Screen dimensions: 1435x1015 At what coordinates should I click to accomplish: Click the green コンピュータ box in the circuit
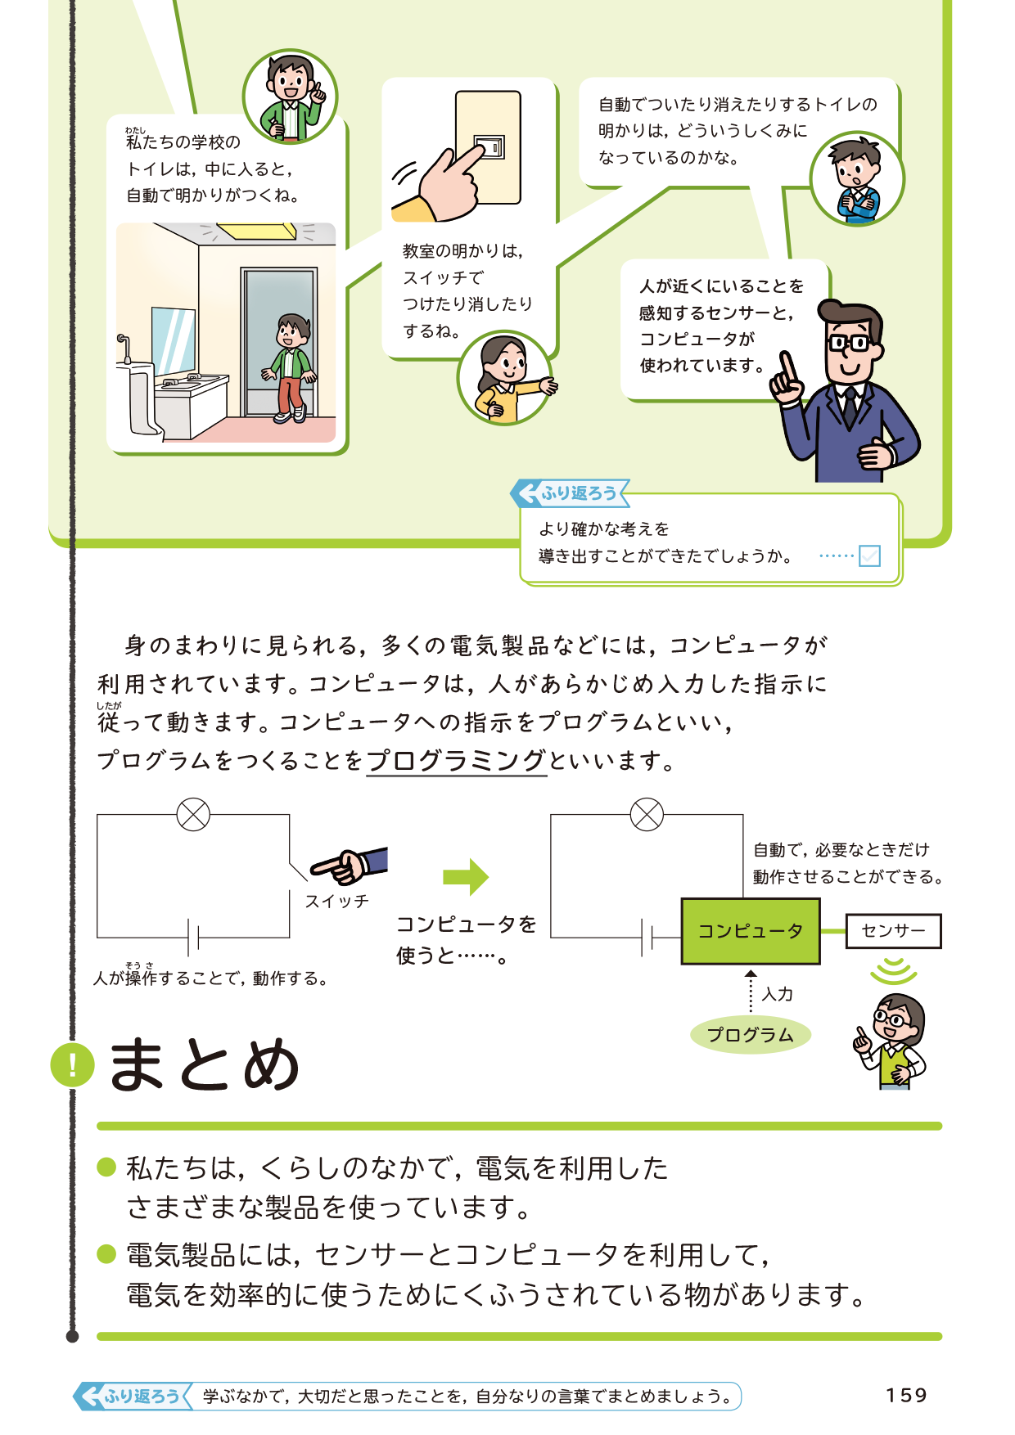coord(750,931)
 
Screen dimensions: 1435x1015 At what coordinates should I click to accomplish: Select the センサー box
coord(893,931)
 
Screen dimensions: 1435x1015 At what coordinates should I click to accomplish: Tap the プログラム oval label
coord(750,1035)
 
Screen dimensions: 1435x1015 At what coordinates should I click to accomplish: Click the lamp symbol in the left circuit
coord(193,815)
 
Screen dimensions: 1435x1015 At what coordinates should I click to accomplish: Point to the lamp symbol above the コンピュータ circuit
coord(647,815)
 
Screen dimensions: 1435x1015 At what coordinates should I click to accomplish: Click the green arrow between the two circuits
coord(465,878)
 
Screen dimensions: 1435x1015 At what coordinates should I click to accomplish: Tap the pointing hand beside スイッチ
coord(348,866)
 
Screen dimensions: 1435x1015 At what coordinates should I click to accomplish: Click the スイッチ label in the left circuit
coord(336,902)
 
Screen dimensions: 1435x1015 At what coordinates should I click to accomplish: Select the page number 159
coord(906,1396)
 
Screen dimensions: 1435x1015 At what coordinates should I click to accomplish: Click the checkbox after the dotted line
coord(869,556)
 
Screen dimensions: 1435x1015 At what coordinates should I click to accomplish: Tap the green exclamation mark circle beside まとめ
coord(72,1065)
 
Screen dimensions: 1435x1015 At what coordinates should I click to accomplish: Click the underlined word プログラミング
coord(456,761)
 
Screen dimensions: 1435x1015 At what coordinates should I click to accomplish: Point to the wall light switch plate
coord(488,147)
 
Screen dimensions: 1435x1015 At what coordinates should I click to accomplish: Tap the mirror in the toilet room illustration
coord(173,340)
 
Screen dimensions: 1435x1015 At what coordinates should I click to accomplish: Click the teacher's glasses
coord(849,342)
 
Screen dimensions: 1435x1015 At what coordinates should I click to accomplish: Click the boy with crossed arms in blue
coord(856,180)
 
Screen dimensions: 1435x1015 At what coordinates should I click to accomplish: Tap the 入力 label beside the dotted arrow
coord(777,994)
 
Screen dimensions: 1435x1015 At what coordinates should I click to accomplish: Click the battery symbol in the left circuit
coord(193,938)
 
